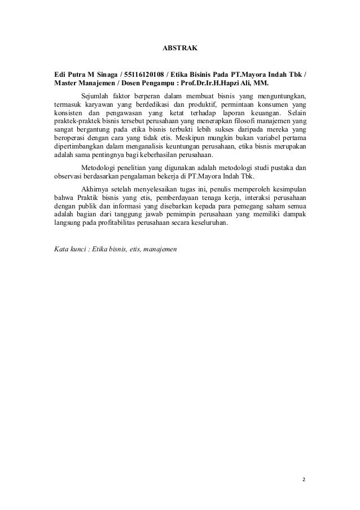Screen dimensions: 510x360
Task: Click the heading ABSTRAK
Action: click(x=180, y=49)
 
